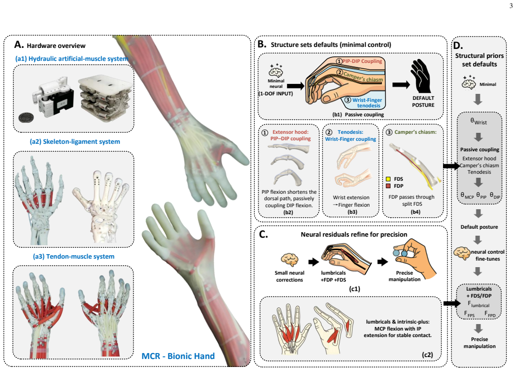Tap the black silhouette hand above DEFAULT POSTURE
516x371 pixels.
(x=420, y=76)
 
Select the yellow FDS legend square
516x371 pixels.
(x=388, y=179)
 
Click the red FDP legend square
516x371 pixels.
(x=388, y=186)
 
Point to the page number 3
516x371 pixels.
(x=511, y=6)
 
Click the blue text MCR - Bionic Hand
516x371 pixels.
(x=178, y=356)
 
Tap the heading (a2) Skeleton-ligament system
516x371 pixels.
(x=75, y=142)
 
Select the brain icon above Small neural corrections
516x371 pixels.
(x=289, y=259)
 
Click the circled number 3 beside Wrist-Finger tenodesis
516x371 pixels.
(x=347, y=100)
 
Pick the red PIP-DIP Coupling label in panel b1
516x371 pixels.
(x=362, y=61)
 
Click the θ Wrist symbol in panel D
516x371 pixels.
(x=478, y=121)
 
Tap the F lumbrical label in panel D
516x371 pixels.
(x=478, y=304)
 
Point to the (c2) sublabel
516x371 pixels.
(x=427, y=355)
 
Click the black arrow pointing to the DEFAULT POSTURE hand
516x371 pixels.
(x=401, y=85)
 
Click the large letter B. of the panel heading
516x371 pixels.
(x=262, y=44)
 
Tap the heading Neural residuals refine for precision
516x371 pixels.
(x=354, y=234)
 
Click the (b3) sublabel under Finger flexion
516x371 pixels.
(x=352, y=212)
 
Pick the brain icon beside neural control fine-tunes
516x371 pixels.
(x=461, y=253)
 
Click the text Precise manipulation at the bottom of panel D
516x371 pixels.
(x=479, y=343)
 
